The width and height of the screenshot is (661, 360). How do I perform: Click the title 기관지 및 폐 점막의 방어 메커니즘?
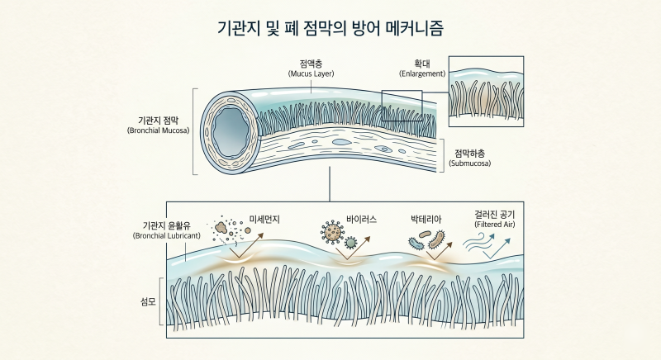330,29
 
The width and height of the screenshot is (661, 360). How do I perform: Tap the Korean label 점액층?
311,64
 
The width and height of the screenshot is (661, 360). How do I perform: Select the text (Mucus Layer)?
311,73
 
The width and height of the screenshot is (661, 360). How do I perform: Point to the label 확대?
422,64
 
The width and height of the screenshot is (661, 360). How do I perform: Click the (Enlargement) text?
422,73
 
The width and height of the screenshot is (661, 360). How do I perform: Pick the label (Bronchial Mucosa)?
158,130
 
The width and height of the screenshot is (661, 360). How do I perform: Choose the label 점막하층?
469,154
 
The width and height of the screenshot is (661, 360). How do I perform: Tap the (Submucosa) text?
469,163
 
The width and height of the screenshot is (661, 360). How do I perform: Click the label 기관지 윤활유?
167,226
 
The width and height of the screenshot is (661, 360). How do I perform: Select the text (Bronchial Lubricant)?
167,236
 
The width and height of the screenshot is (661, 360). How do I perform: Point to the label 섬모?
149,302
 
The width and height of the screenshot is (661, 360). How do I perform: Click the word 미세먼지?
264,220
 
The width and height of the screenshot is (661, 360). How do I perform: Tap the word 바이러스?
361,220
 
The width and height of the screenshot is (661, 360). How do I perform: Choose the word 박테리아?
426,220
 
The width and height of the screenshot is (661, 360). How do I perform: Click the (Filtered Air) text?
495,225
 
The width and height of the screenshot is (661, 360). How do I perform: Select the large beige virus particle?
333,232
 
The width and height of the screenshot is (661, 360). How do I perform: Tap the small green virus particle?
350,243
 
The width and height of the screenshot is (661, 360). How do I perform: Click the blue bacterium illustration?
416,243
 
